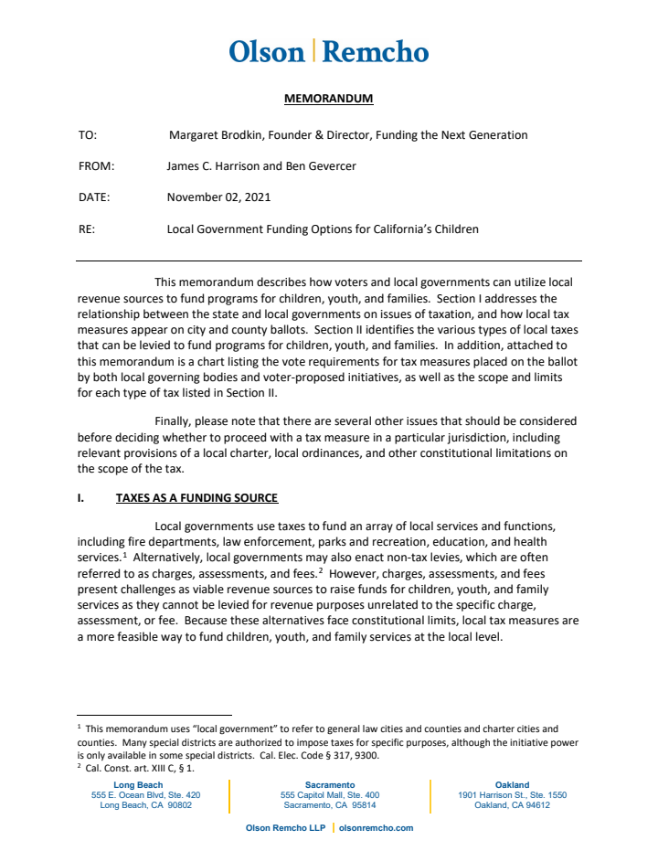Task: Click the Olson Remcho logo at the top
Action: (328, 51)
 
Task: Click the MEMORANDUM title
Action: (328, 99)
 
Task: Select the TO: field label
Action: (88, 135)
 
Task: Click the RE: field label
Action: (87, 229)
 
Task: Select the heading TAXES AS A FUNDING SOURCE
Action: (196, 498)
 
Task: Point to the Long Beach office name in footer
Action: (138, 785)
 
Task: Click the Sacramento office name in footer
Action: (329, 785)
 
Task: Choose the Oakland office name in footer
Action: (512, 785)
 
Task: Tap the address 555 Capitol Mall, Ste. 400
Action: (329, 795)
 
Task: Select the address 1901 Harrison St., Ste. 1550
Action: (512, 795)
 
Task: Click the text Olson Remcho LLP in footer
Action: (285, 828)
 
